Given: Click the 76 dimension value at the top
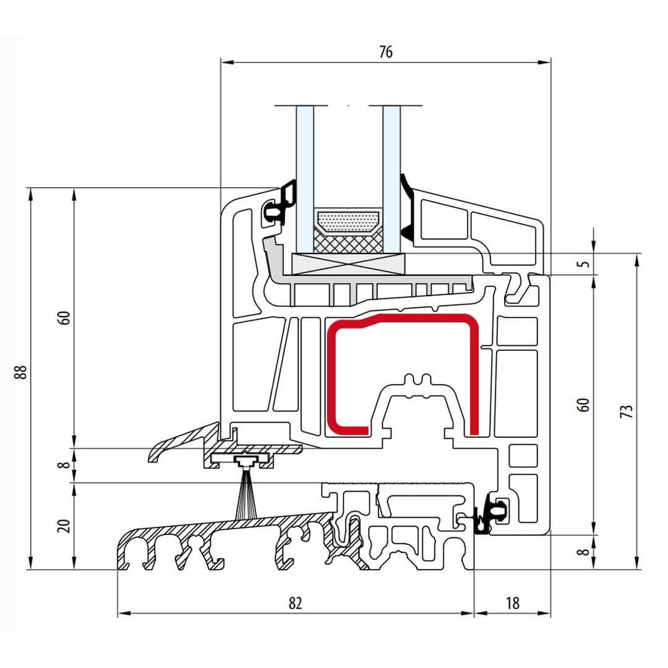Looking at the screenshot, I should pos(385,53).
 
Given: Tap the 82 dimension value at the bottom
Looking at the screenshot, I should pos(295,603).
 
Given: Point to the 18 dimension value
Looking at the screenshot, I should pos(512,603).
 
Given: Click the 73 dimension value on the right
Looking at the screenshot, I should pos(627,412).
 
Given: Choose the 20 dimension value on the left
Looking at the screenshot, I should pos(66,526).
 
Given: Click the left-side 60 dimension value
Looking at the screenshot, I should pos(66,318).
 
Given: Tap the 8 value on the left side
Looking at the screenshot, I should pos(66,465).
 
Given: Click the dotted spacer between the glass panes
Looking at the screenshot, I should pos(348,220).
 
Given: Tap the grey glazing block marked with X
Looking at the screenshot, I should pos(348,264).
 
